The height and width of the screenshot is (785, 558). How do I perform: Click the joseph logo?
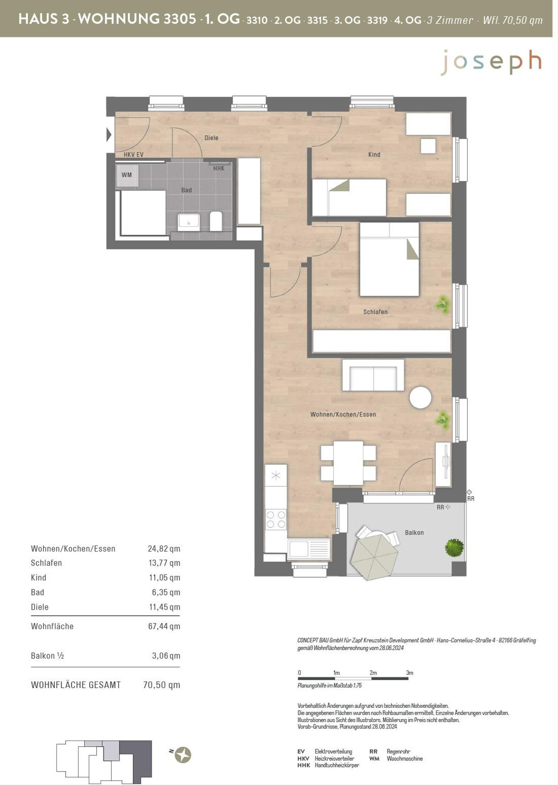coord(491,62)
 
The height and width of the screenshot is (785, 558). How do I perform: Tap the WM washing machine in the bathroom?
coord(127,175)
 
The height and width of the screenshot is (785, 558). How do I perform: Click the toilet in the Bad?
coord(216,221)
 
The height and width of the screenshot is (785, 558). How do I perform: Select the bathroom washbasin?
coord(189,222)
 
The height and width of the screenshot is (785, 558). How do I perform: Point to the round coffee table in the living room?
coord(420,397)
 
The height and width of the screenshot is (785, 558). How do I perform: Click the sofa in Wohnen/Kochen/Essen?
coord(373,375)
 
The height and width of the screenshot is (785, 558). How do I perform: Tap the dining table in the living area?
coord(348,463)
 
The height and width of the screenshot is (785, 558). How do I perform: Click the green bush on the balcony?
coord(454,547)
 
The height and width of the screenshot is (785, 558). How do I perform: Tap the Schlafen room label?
coord(375,312)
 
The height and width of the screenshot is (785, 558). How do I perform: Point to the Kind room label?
coord(374,154)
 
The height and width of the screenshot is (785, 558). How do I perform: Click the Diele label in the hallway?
coord(212,138)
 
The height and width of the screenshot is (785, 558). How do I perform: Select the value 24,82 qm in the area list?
coord(164,548)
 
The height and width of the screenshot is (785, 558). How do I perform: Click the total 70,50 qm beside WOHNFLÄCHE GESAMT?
coord(161,685)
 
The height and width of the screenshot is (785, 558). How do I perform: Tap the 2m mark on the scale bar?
coord(373,672)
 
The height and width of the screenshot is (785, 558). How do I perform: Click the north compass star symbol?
coord(183,754)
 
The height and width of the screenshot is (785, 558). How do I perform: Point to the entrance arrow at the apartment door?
coord(109,135)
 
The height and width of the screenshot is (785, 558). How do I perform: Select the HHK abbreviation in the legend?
coord(304,765)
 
